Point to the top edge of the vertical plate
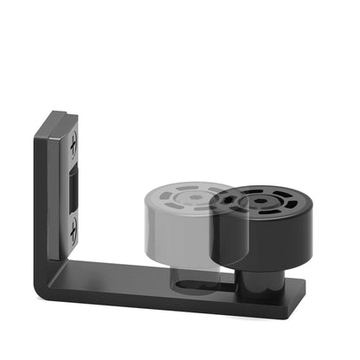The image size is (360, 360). click(x=59, y=114)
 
